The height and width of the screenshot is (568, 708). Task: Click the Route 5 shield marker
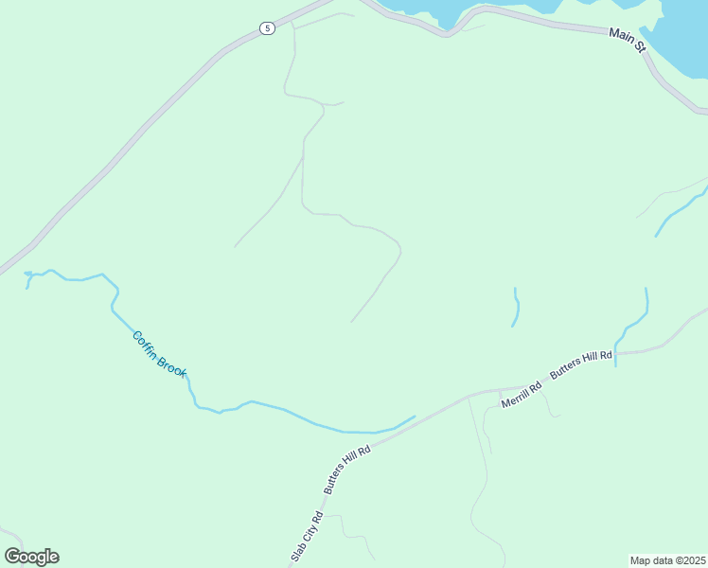coord(268,28)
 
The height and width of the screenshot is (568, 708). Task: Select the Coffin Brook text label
coord(160,353)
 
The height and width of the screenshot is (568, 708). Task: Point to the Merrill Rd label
coord(522,393)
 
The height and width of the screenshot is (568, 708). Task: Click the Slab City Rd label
coord(307,536)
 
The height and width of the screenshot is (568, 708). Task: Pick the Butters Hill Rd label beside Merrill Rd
coord(581,365)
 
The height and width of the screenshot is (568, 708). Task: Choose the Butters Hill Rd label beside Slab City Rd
coord(346,470)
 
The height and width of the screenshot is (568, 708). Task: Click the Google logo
coord(31,557)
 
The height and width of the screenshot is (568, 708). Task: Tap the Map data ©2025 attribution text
coord(667,560)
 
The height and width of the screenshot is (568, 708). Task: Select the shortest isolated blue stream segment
coord(516,308)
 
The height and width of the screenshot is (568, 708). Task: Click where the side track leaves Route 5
coord(292,21)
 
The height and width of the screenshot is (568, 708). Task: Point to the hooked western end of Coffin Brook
coord(27,276)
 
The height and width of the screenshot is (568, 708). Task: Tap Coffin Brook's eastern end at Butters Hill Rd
coord(414,417)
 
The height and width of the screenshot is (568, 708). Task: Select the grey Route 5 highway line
coord(142,128)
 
